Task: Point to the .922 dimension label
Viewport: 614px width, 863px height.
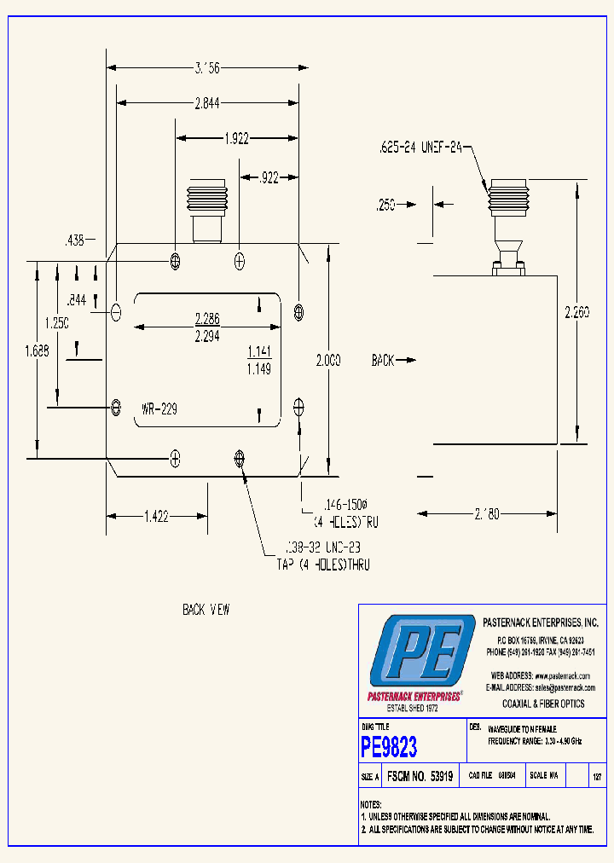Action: point(269,177)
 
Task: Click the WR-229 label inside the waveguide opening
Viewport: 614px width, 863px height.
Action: point(159,409)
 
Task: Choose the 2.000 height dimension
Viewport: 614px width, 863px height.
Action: point(326,361)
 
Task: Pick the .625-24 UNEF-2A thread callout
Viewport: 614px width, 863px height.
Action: point(420,148)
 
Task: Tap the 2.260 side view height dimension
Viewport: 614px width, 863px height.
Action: point(576,311)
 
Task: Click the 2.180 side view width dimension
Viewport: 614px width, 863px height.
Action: point(488,514)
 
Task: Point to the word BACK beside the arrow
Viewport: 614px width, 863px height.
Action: point(383,361)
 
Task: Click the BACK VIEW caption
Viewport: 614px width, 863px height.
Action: point(206,610)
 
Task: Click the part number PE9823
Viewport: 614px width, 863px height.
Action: point(389,748)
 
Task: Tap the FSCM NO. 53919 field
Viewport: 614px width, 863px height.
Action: point(420,777)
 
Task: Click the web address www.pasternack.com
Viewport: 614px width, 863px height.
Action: point(563,675)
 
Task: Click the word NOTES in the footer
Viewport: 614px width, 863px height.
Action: point(371,804)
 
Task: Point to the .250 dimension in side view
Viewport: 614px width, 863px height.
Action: point(386,205)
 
